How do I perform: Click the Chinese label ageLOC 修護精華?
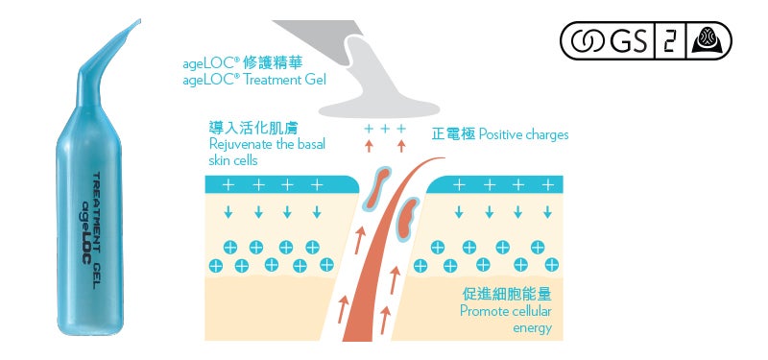[235, 63]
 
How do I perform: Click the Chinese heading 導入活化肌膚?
[248, 128]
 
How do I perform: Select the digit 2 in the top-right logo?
[666, 41]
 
